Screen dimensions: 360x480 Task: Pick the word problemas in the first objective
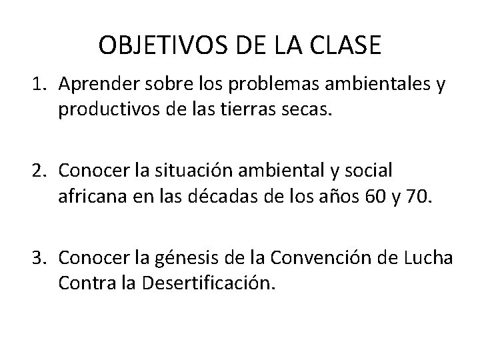pos(271,85)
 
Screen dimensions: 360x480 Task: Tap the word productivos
pos(110,108)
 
